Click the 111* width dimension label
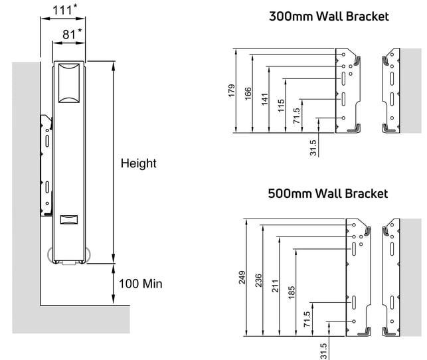coord(65,10)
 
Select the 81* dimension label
coord(72,35)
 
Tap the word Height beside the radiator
coord(138,163)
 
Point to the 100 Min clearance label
coord(141,284)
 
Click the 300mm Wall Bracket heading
coord(329,17)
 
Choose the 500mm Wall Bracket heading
coord(328,193)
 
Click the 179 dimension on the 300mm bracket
coord(232,91)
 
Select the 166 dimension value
coord(248,94)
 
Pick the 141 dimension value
coord(265,100)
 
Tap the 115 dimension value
coord(281,106)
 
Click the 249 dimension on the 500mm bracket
coord(242,278)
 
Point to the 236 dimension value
coord(258,280)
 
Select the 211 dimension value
coord(276,286)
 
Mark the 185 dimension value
coord(292,292)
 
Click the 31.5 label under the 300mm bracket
coord(313,148)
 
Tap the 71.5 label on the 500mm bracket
coord(307,319)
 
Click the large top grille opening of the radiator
coord(69,83)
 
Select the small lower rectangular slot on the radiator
coord(69,219)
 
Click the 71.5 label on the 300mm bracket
coord(297,116)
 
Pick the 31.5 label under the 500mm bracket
coord(323,351)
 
